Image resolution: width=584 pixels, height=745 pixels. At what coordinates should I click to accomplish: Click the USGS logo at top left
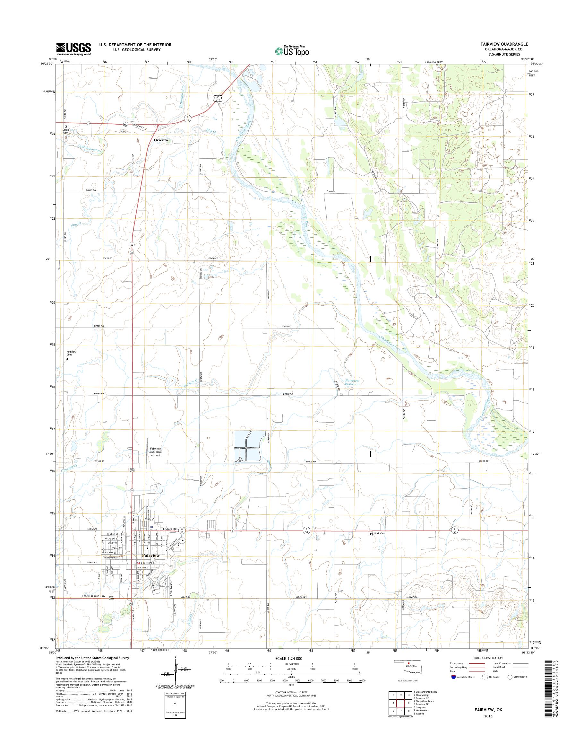coord(73,48)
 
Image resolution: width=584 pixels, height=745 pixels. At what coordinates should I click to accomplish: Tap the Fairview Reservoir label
coord(353,382)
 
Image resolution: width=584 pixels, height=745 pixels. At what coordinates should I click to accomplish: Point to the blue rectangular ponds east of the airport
coord(249,446)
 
